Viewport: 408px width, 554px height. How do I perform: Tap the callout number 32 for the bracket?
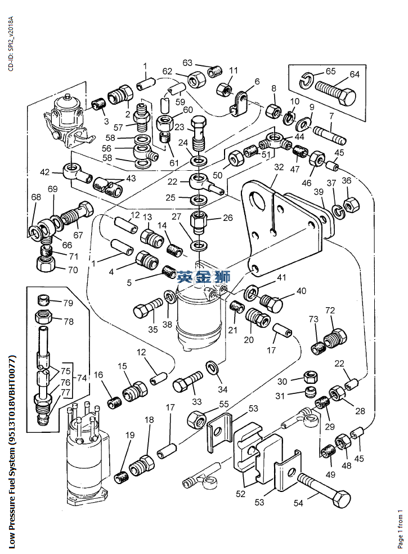[x=279, y=167]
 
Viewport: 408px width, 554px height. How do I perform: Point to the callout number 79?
[x=68, y=303]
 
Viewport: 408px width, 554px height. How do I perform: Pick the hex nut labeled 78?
[x=44, y=317]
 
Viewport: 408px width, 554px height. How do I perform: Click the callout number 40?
[x=302, y=291]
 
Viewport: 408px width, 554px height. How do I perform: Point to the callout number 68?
[x=36, y=197]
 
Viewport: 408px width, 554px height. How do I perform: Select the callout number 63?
[x=187, y=63]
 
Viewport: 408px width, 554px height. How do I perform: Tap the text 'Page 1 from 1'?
[x=401, y=529]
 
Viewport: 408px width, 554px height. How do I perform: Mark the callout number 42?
[x=44, y=171]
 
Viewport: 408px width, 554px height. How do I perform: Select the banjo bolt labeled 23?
[x=199, y=131]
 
